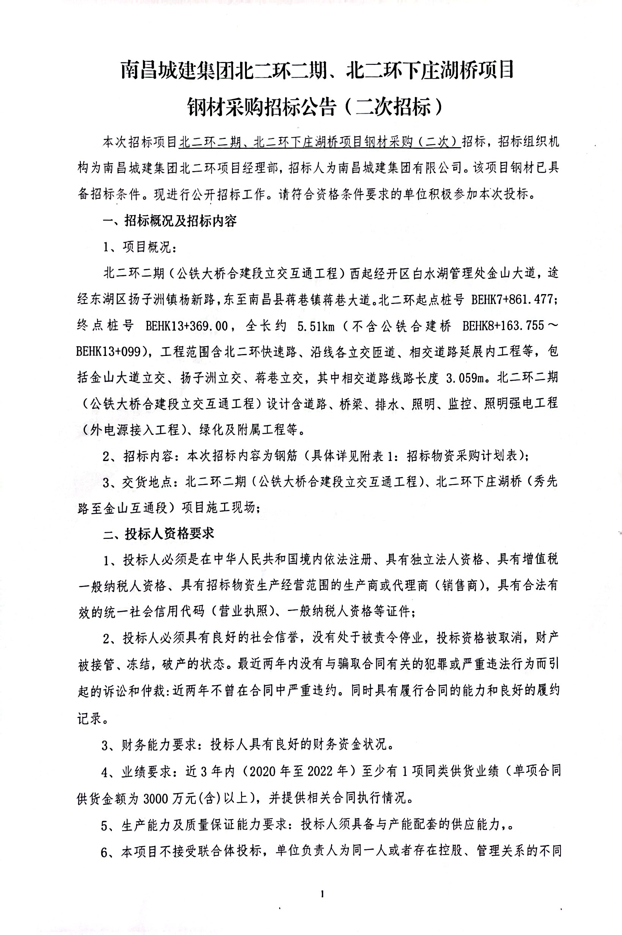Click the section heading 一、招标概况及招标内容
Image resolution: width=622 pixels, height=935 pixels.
click(170, 221)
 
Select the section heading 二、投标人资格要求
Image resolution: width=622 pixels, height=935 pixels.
click(158, 534)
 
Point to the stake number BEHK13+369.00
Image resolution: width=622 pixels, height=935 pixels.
click(187, 326)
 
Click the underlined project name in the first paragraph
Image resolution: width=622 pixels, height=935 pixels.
click(319, 142)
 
